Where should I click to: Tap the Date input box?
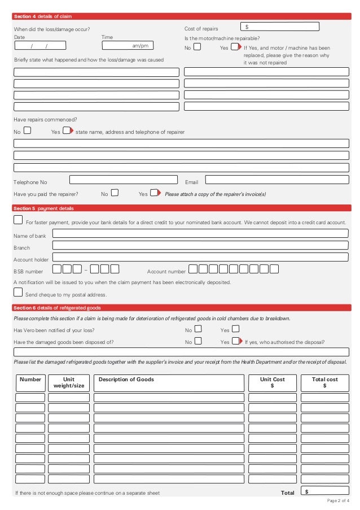(40, 46)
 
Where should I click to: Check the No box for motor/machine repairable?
(197, 47)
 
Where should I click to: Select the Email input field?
(276, 180)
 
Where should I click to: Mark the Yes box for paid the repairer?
(154, 193)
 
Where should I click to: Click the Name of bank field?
(200, 233)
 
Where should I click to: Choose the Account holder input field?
(200, 258)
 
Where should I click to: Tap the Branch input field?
(200, 246)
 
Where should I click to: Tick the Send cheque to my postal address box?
(18, 292)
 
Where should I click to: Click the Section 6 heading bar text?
(57, 308)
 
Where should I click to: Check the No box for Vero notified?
(198, 329)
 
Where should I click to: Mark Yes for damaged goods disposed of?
(236, 341)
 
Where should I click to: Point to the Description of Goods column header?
(126, 380)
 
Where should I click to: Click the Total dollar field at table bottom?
(324, 491)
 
